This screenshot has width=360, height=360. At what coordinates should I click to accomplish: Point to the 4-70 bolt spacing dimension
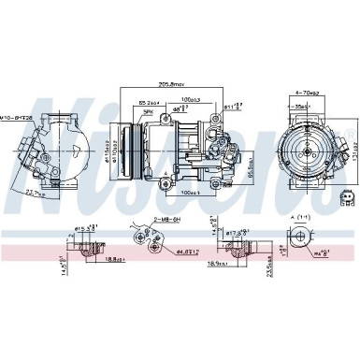click(x=308, y=94)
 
